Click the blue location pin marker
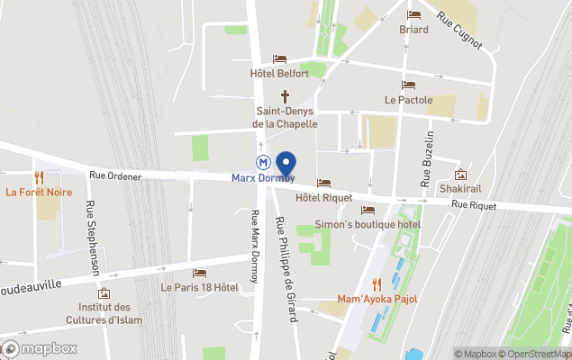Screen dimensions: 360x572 tap(286, 166)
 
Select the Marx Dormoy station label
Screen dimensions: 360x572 tap(263, 177)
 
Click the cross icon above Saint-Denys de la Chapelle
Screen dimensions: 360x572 tap(286, 96)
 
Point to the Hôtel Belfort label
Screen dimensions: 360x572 tap(279, 74)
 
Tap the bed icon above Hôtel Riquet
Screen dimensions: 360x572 tap(324, 183)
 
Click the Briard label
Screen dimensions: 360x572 tap(413, 29)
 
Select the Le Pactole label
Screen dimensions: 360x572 tap(408, 100)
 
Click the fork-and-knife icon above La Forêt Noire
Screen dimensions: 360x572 tap(38, 177)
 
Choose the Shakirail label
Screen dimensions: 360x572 tap(461, 189)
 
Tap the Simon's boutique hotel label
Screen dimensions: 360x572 tap(368, 223)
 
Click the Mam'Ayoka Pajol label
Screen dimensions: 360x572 tap(376, 298)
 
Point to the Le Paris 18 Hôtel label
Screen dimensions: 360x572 tap(199, 287)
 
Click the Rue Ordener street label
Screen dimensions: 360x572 tap(115, 176)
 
